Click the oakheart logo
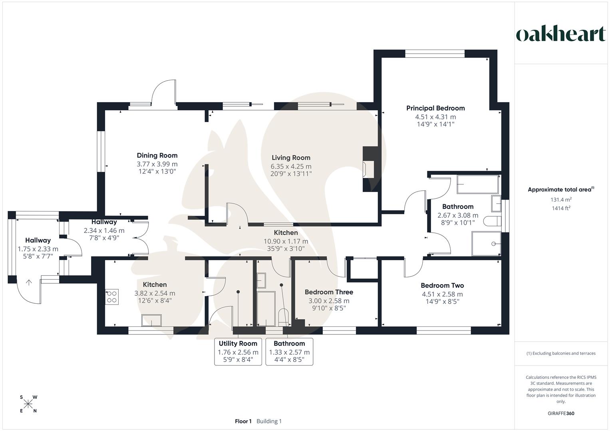click(x=560, y=34)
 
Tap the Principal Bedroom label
click(x=435, y=108)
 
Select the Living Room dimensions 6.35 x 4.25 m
click(x=291, y=166)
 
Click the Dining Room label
click(x=157, y=156)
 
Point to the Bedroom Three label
click(x=328, y=292)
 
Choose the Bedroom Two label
click(x=442, y=286)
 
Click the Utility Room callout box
click(x=238, y=352)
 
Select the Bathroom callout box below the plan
click(x=289, y=352)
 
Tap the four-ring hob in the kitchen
click(x=112, y=297)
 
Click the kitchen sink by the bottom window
click(x=152, y=320)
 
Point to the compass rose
click(x=28, y=404)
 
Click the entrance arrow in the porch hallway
click(x=29, y=283)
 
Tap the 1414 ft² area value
click(x=560, y=208)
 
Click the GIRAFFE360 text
click(x=560, y=413)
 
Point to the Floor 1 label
click(x=243, y=421)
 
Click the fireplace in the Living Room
click(x=368, y=169)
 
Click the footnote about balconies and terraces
click(x=560, y=353)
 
